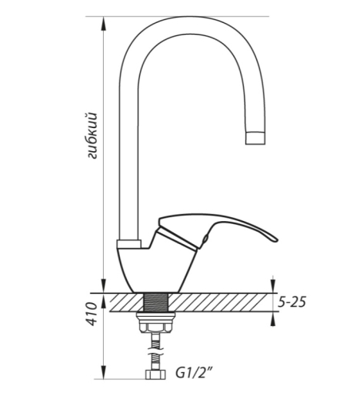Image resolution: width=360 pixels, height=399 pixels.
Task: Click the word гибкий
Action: coord(92,135)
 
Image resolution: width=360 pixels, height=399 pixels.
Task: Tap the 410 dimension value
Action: coord(92,314)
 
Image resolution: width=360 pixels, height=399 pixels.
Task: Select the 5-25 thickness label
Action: coord(292,302)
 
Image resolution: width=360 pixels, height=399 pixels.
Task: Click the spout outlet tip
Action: coord(255,138)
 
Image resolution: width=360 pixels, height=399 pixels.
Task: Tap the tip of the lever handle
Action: coord(276,239)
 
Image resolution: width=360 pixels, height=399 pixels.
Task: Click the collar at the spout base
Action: coord(129,244)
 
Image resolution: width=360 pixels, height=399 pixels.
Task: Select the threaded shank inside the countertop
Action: coord(156,302)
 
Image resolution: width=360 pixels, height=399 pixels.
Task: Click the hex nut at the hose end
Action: coord(155,374)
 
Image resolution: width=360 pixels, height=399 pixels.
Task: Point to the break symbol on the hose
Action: coord(156,351)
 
